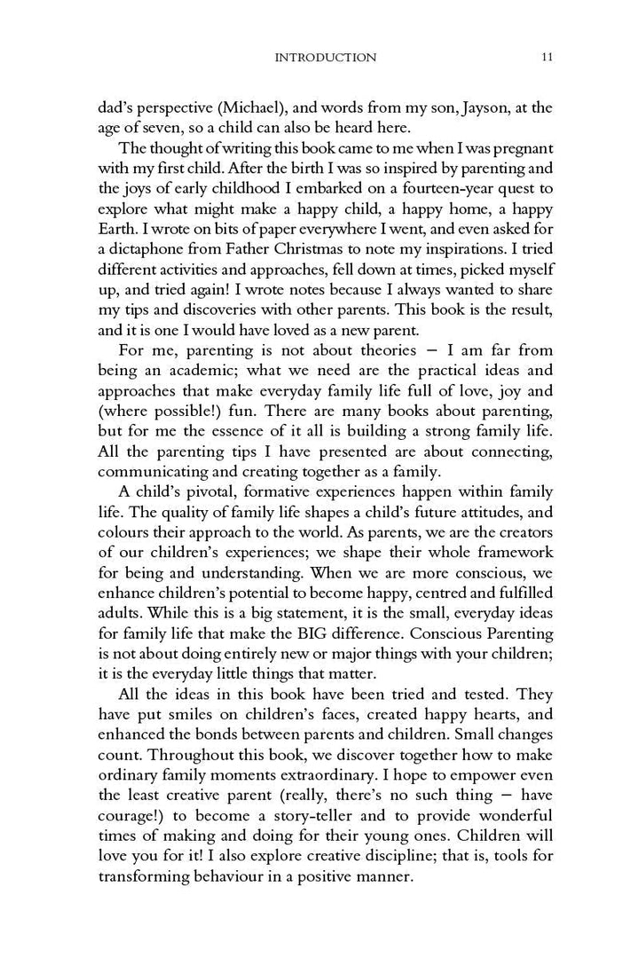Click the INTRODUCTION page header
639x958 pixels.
coord(326,58)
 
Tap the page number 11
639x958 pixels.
coord(548,58)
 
